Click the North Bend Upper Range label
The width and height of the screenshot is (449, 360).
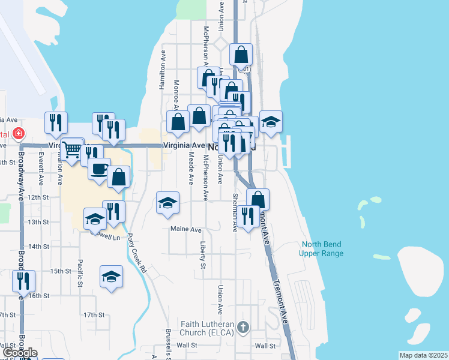pyautogui.click(x=322, y=248)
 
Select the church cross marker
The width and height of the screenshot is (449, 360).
pyautogui.click(x=243, y=327)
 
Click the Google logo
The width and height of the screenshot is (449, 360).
pyautogui.click(x=20, y=353)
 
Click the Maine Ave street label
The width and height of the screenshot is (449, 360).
pyautogui.click(x=186, y=229)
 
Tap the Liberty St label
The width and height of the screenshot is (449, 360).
pyautogui.click(x=203, y=256)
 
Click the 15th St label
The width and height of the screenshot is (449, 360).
pyautogui.click(x=61, y=271)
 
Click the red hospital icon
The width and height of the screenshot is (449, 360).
pyautogui.click(x=19, y=133)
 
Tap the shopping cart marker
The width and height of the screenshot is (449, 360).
pyautogui.click(x=71, y=149)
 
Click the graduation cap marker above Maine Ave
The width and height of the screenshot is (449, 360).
pyautogui.click(x=168, y=203)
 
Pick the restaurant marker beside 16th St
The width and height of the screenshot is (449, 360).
pyautogui.click(x=23, y=281)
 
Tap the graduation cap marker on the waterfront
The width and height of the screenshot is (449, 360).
pyautogui.click(x=271, y=122)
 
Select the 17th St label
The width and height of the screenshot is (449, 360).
pyautogui.click(x=94, y=314)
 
